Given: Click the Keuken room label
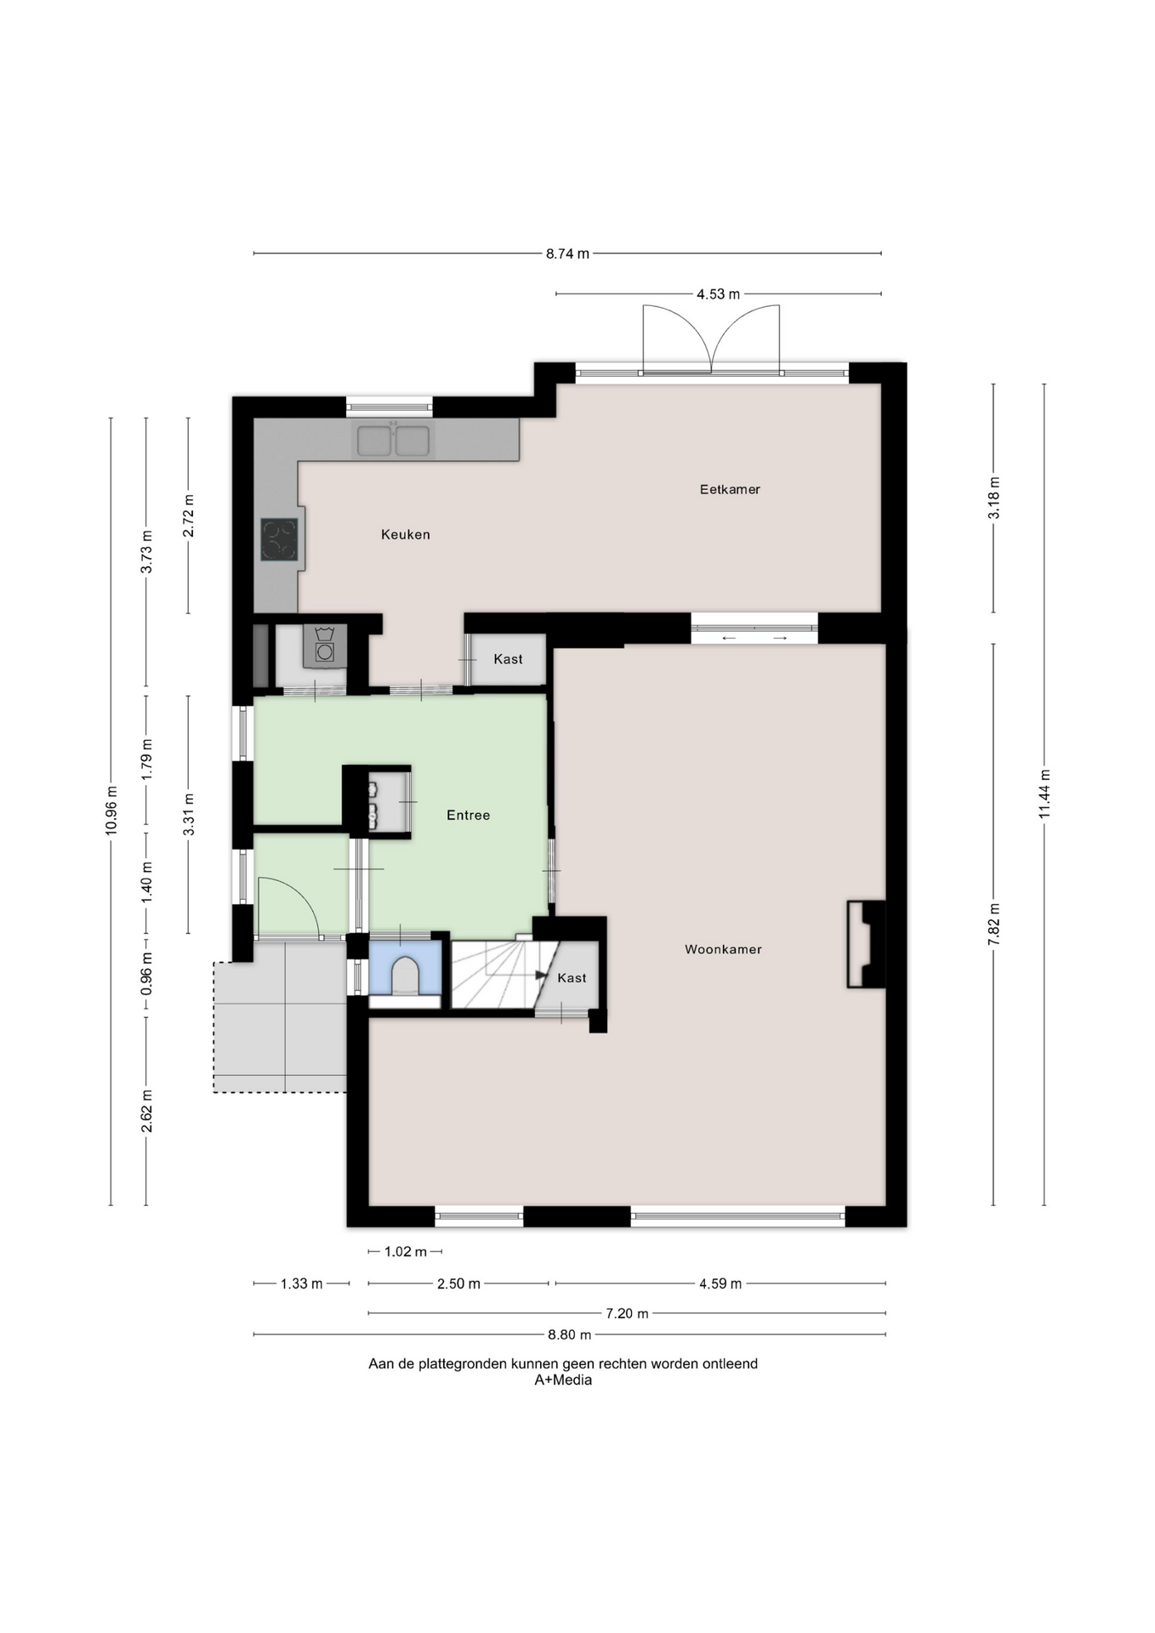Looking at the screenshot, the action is click(x=405, y=534).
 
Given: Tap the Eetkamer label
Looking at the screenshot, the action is click(x=730, y=489).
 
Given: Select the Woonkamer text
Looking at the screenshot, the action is click(x=723, y=949).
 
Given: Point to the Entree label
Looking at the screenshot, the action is click(x=468, y=815).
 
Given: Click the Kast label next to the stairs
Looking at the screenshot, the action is click(x=572, y=978).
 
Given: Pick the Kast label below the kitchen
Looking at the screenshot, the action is click(x=508, y=659).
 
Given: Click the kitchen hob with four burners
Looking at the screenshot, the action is click(x=280, y=539).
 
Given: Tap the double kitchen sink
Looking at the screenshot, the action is click(x=393, y=441).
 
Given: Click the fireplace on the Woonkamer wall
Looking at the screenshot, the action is click(x=866, y=944).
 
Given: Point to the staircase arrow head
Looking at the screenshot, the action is click(x=541, y=976).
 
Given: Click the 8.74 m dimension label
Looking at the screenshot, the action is click(x=567, y=253).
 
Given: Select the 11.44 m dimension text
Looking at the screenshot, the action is click(x=1044, y=794).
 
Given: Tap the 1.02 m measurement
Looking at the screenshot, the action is click(x=406, y=1251).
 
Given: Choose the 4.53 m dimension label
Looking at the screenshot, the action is click(x=718, y=294).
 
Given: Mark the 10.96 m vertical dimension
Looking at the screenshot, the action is click(x=111, y=811).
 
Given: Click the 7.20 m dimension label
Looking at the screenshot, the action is click(x=627, y=1313).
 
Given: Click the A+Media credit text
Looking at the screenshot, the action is click(x=563, y=1380).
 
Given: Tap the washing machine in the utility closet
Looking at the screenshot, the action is click(x=324, y=646).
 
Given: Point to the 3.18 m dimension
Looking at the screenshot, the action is click(x=993, y=498).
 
